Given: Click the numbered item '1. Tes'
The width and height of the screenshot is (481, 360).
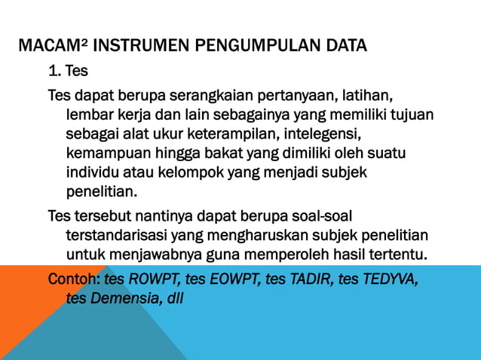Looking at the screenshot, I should point(67,73).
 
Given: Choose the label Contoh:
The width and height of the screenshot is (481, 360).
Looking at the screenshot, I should point(74,279).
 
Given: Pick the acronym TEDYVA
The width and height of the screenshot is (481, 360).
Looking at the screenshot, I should point(389,279).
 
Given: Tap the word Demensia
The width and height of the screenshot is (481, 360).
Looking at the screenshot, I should point(120,298).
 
